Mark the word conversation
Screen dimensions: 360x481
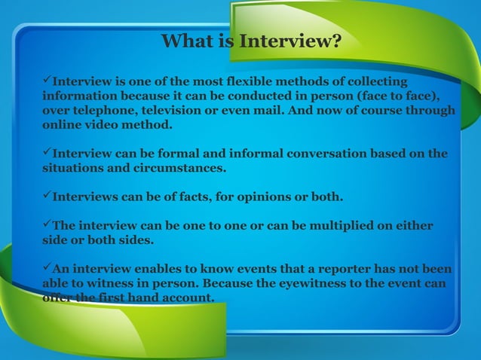329,154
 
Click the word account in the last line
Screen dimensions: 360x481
189,298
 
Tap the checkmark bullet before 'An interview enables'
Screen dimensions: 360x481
46,269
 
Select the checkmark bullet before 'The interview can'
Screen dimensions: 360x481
46,226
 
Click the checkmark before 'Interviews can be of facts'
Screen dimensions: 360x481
46,197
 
